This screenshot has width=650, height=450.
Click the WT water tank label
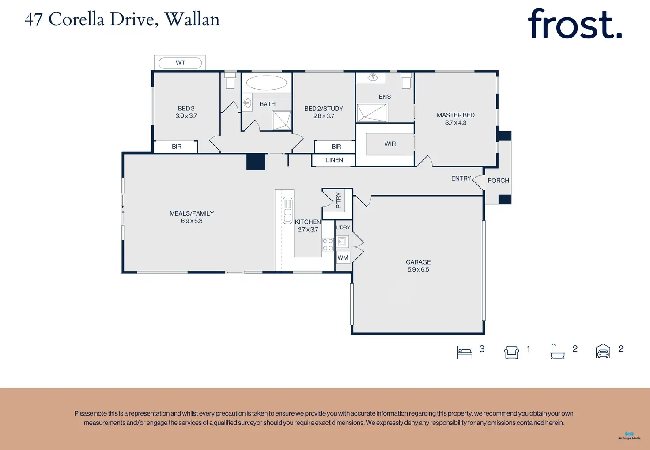[x=180, y=63]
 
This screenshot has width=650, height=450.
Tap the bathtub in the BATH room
[x=266, y=83]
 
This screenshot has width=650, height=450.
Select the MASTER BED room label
[x=456, y=115]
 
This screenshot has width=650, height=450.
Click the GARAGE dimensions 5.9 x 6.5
[x=418, y=269]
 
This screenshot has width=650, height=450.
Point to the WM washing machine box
[x=343, y=257]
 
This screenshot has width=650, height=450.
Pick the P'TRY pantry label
[x=338, y=200]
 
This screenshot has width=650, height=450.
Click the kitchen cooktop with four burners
[x=328, y=244]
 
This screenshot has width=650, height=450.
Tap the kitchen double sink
[x=287, y=210]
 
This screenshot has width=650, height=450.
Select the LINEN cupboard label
[x=334, y=160]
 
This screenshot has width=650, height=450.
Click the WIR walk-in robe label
[x=390, y=144]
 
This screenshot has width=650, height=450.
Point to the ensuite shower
[x=372, y=113]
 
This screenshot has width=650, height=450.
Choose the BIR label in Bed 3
[x=177, y=147]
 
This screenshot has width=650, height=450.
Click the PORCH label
[x=498, y=181]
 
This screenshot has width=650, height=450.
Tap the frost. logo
[x=574, y=24]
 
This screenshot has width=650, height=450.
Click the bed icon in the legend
[x=465, y=352]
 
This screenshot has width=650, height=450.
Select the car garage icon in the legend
[x=603, y=352]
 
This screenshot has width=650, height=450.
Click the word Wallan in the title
[x=192, y=19]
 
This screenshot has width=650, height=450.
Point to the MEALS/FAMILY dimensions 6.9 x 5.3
[x=192, y=221]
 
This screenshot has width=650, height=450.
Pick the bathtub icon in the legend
[x=557, y=352]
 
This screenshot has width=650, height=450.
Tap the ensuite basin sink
[x=373, y=77]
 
